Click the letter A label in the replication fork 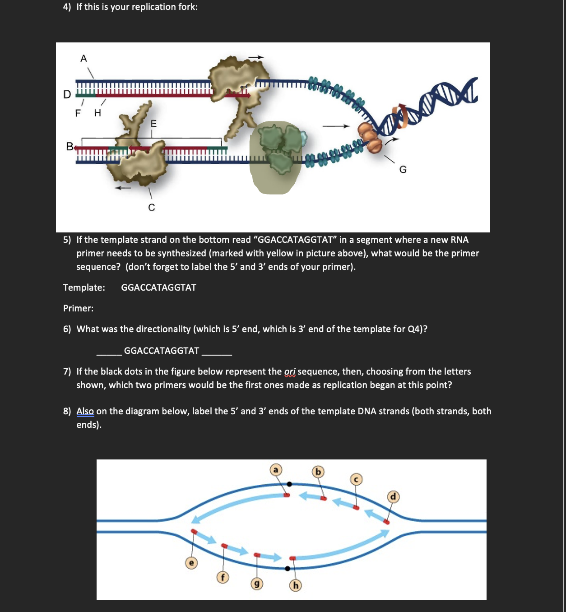coord(84,58)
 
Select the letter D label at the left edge coord(67,94)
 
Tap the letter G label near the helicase coord(403,169)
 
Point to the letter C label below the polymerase coord(152,207)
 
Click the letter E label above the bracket coord(153,124)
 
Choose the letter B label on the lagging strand coord(70,146)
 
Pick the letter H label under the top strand coord(97,113)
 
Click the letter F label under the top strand coord(78,113)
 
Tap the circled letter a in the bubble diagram coord(276,470)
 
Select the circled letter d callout coord(393,497)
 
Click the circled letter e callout coord(191,563)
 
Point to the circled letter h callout coord(295,585)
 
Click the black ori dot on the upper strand coord(289,484)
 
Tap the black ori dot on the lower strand coord(288,568)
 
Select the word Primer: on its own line coord(79,308)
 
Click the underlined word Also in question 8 coord(85,411)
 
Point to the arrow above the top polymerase coord(255,57)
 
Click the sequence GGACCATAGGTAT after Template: coord(158,287)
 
